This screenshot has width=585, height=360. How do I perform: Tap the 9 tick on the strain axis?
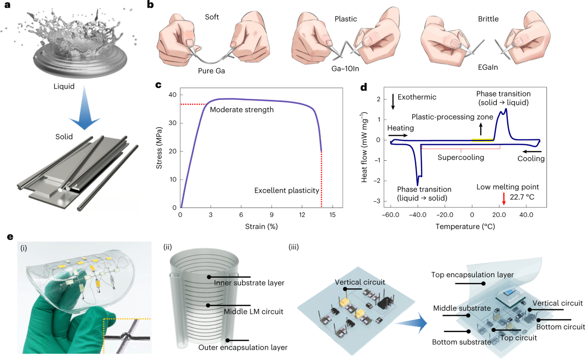coord(272,215)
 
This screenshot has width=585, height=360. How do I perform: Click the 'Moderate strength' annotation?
coord(242,110)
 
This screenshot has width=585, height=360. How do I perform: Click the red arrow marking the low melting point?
coord(504,198)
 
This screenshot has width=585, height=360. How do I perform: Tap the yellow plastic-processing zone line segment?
coord(483,140)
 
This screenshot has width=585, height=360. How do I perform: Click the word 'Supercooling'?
coord(460,157)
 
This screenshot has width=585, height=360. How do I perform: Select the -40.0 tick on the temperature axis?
coord(417,215)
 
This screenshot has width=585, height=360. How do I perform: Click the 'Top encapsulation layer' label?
coord(471,275)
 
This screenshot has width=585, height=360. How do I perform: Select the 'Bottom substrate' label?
coord(462,341)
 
